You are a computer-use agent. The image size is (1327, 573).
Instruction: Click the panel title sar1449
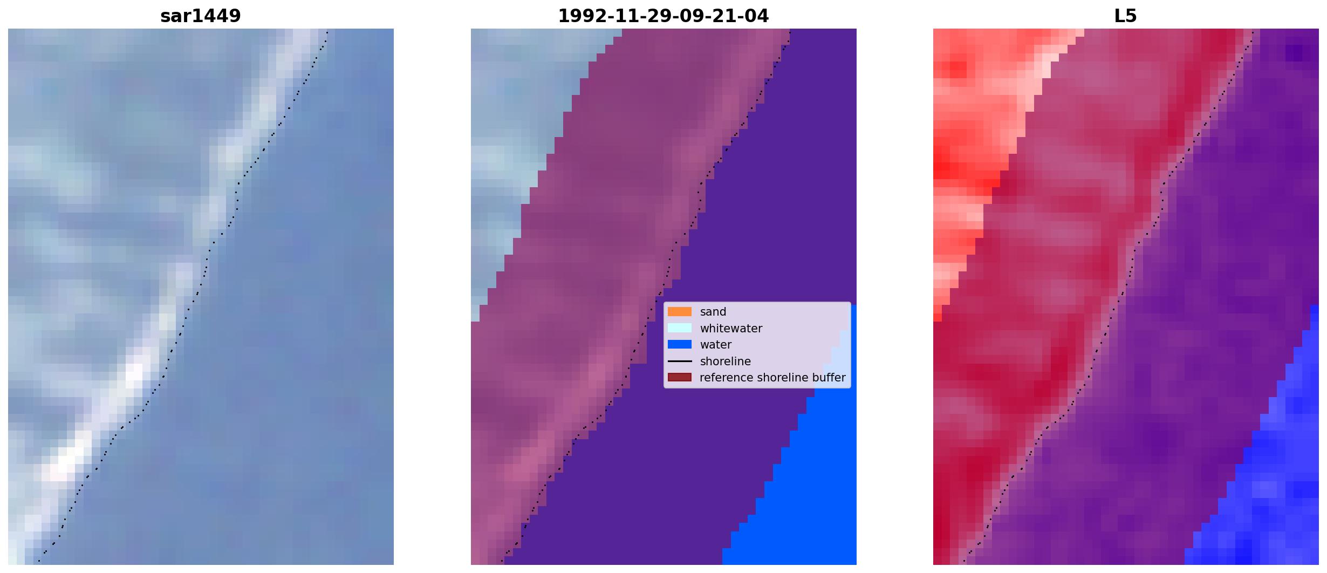coord(201,16)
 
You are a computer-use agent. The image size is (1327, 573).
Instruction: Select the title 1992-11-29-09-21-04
coord(663,16)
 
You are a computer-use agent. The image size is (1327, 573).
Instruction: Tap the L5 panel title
coord(1126,16)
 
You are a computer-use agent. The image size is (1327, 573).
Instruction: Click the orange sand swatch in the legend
coord(680,312)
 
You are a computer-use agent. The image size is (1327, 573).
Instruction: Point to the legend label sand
coord(713,312)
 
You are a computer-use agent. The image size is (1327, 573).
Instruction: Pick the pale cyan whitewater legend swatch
coord(680,328)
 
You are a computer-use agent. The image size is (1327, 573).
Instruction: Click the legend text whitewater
coord(731,329)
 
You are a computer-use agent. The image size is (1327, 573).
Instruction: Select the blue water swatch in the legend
coord(680,344)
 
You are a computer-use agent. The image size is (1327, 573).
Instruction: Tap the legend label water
coord(716,345)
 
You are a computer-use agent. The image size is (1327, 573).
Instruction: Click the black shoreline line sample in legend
coord(680,361)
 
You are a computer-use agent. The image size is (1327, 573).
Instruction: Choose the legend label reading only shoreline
coord(726,361)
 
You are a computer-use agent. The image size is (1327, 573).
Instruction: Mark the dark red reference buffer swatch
coord(680,377)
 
